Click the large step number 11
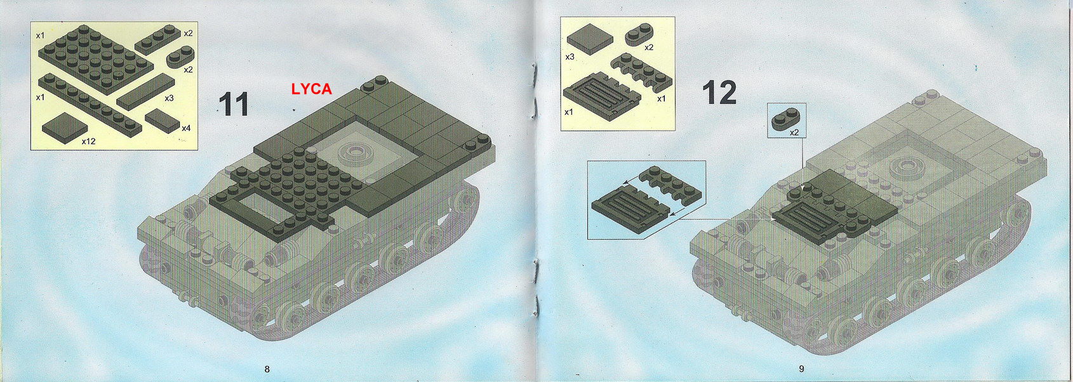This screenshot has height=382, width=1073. (233, 105)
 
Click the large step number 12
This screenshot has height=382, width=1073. (719, 93)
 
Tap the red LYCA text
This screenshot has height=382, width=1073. (311, 89)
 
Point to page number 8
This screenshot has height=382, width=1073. (267, 369)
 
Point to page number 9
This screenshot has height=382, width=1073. (801, 369)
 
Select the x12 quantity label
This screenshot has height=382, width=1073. (88, 141)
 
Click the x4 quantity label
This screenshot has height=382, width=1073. (185, 128)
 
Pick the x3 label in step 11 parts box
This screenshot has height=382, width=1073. (169, 98)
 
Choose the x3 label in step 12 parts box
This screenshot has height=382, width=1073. (570, 57)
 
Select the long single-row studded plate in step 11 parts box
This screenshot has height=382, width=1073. (89, 105)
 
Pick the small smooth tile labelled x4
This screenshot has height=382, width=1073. (163, 119)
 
